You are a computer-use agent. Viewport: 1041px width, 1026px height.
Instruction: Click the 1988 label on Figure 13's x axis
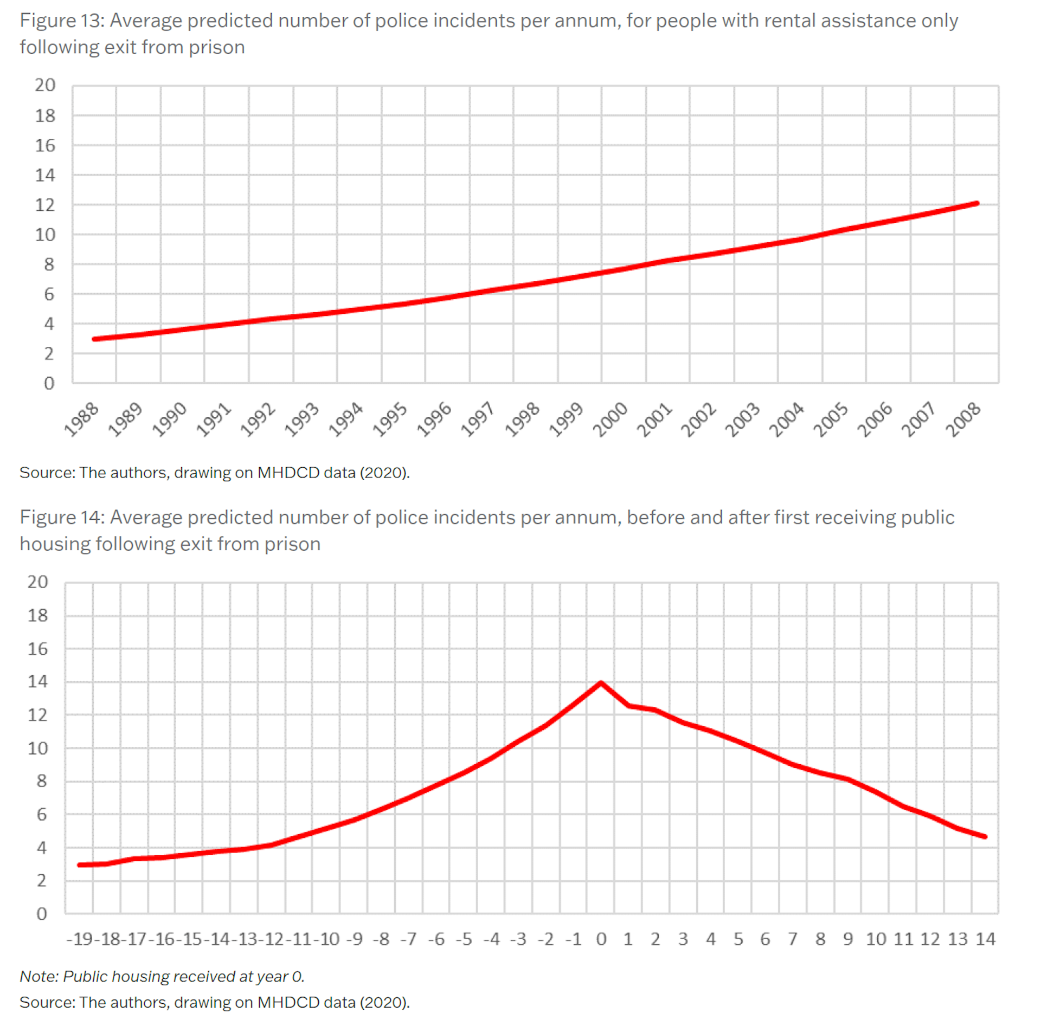[81, 419]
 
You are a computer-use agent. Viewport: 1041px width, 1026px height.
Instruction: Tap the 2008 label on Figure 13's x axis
[963, 419]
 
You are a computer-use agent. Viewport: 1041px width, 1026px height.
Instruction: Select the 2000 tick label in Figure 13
[610, 419]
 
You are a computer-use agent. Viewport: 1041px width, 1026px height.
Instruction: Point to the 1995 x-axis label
[390, 419]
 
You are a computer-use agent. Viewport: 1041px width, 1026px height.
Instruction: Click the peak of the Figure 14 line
[601, 683]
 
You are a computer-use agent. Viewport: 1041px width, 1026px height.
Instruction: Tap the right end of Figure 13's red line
[977, 203]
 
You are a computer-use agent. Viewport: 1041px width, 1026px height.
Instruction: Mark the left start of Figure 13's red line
[94, 339]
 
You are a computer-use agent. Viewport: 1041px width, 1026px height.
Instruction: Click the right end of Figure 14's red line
[985, 836]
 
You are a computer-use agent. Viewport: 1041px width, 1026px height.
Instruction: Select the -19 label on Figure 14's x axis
[80, 938]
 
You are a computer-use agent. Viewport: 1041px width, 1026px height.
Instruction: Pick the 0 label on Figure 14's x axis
[601, 938]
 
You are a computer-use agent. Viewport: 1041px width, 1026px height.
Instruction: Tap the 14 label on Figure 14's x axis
[985, 938]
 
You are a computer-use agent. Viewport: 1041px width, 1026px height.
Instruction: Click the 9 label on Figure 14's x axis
[848, 938]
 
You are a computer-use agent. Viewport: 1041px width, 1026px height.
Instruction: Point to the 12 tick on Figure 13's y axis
[45, 205]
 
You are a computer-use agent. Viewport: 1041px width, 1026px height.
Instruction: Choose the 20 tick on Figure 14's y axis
[37, 582]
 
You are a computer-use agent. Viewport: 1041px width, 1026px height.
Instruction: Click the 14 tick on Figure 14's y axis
[37, 681]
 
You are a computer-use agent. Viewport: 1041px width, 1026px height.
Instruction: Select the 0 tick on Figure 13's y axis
[49, 383]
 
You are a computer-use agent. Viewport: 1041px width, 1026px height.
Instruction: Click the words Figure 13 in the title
[61, 21]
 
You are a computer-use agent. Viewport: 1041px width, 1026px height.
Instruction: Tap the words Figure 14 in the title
[61, 517]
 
